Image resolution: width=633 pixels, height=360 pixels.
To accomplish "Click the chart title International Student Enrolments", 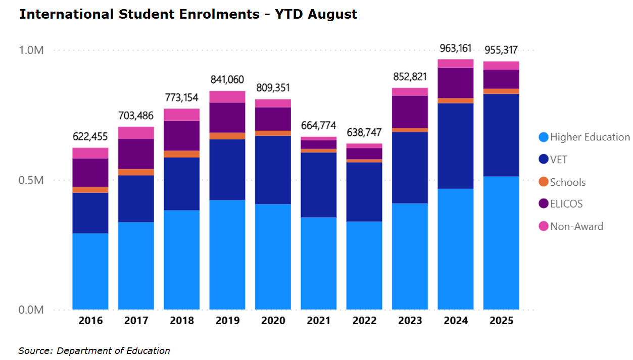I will click(x=187, y=14).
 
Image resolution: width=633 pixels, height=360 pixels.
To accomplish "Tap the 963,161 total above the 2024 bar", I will click(x=455, y=48).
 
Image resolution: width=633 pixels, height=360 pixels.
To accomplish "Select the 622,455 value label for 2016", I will click(x=90, y=137).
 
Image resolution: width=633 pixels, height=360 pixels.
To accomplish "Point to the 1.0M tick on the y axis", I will click(x=31, y=50).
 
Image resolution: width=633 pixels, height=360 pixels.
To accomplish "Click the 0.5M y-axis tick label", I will click(x=31, y=180).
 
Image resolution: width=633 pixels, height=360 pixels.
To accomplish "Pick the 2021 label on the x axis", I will click(x=318, y=321).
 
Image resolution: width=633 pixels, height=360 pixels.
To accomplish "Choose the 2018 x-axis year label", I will click(x=181, y=321).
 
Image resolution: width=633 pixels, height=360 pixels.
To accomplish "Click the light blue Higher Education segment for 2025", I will click(x=501, y=242).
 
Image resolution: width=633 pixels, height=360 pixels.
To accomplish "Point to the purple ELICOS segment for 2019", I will click(x=227, y=117).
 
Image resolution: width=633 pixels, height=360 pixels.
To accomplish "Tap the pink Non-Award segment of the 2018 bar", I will click(x=181, y=115).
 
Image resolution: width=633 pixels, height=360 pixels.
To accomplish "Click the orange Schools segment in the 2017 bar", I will click(x=136, y=172).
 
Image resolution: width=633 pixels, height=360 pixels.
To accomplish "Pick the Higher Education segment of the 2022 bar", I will click(x=364, y=265).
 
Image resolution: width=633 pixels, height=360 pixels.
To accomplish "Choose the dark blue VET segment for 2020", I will click(x=273, y=170).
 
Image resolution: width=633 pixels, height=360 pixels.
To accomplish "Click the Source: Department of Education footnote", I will click(x=94, y=350).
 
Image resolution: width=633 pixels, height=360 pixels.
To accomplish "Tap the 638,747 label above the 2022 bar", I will click(x=364, y=132).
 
